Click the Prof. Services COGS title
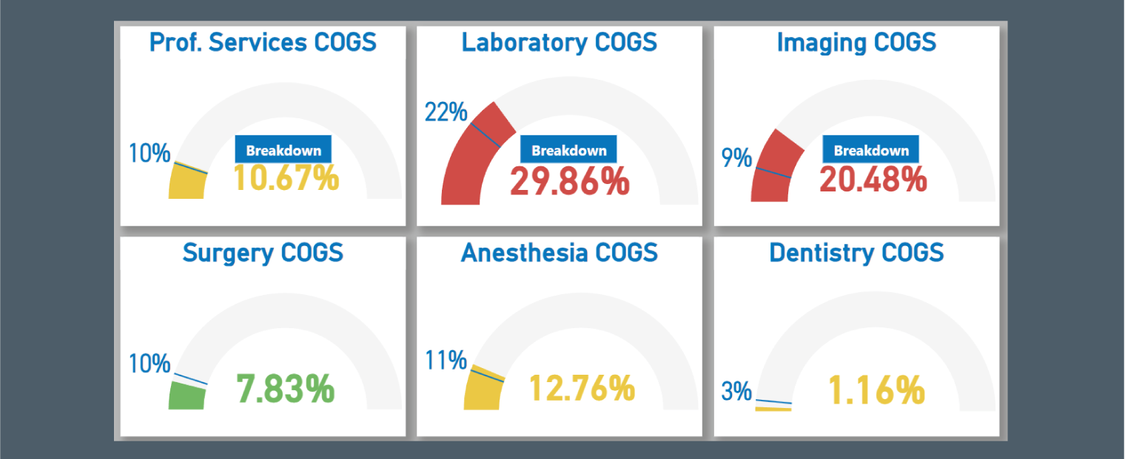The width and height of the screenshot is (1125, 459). tap(263, 42)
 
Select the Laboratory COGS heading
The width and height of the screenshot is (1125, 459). tap(559, 42)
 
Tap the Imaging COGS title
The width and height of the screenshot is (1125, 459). tap(856, 42)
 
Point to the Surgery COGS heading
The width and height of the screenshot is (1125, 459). tap(263, 253)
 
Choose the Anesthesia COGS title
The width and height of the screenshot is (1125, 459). tap(559, 253)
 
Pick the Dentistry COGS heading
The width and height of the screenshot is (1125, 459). tap(856, 253)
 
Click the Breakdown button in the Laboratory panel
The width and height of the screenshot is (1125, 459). tap(568, 150)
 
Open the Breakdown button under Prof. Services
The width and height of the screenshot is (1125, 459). tap(283, 150)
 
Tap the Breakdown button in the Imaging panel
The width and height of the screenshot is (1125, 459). tap(871, 150)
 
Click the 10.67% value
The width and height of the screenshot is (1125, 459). tap(286, 178)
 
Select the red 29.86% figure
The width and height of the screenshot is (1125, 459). tap(569, 181)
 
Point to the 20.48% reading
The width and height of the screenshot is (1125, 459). tap(873, 180)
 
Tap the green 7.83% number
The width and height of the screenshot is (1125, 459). tap(285, 390)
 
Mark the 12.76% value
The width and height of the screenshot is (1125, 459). tap(582, 389)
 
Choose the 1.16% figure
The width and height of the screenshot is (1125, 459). tap(877, 391)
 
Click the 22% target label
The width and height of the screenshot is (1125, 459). tap(446, 113)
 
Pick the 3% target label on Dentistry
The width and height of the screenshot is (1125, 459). tap(736, 391)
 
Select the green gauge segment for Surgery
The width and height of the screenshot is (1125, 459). tap(187, 396)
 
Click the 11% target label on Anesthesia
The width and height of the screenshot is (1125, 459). tap(446, 361)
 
